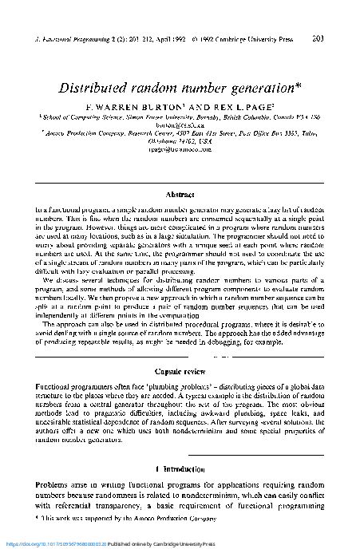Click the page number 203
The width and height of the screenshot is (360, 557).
point(339,38)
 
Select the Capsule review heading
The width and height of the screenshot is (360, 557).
point(180,371)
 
